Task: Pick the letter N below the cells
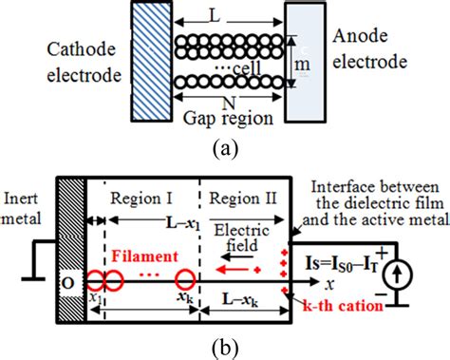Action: [x=228, y=99]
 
